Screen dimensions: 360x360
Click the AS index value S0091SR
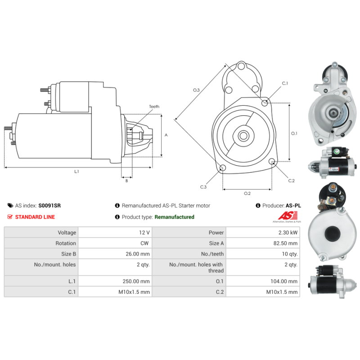click(49, 206)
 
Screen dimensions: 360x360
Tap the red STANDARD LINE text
click(35, 217)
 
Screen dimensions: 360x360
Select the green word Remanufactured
click(174, 217)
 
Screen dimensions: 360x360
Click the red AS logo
click(288, 216)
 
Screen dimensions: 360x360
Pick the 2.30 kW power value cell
click(263, 232)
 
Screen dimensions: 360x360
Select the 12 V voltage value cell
click(115, 232)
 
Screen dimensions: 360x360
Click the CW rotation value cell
click(115, 243)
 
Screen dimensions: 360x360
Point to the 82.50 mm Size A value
click(285, 243)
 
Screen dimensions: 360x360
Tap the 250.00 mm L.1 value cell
click(115, 281)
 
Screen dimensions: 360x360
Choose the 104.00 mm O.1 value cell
click(263, 281)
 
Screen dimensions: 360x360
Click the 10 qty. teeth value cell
click(263, 254)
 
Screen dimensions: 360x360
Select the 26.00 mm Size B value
click(138, 254)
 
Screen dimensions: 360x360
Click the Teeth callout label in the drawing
click(154, 107)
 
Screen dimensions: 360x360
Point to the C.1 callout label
click(285, 83)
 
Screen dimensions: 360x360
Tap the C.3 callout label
click(203, 187)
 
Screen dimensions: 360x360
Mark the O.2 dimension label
click(247, 193)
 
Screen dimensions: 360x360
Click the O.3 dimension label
click(196, 90)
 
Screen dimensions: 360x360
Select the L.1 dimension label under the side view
click(76, 171)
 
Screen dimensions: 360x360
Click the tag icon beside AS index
click(10, 206)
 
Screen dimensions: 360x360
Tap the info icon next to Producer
click(258, 206)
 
